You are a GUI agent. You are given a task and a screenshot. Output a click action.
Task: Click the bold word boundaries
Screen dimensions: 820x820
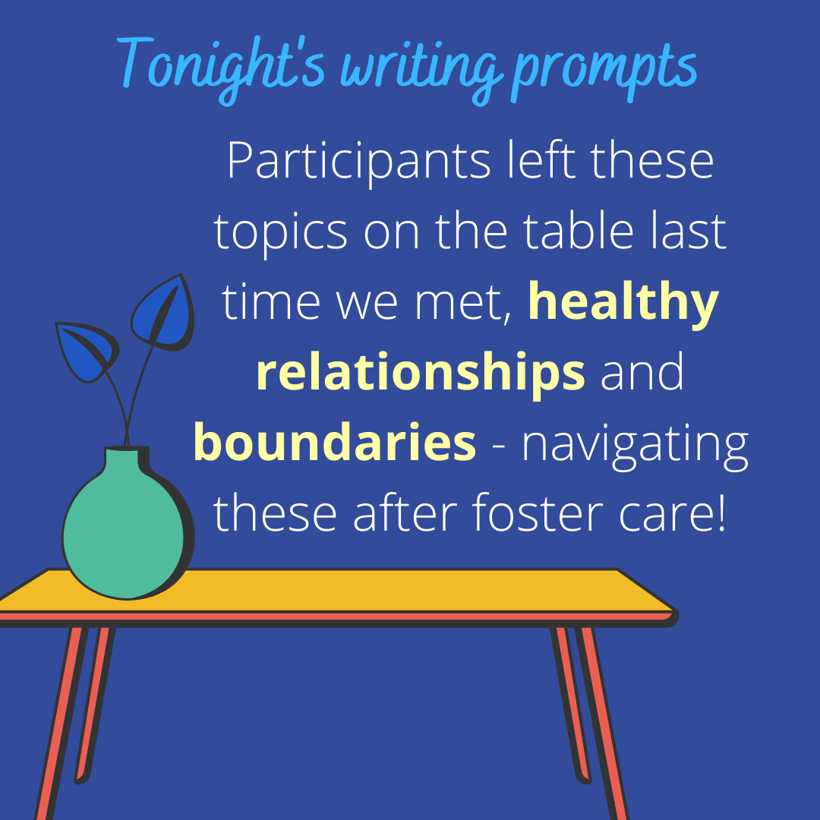pyautogui.click(x=335, y=443)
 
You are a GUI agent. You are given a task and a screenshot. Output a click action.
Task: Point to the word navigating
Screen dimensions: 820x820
pyautogui.click(x=635, y=448)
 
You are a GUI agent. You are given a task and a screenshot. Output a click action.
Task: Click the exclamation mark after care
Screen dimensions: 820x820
pyautogui.click(x=722, y=513)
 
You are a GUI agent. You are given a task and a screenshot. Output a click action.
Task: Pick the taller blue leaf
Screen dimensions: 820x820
pyautogui.click(x=163, y=313)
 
